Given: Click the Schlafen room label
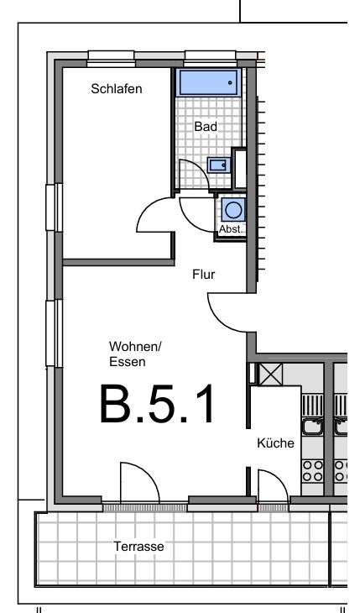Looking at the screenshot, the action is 117,89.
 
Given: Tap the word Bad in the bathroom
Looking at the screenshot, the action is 206,126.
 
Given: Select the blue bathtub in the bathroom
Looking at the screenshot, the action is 208,82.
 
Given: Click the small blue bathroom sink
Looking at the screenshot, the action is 217,165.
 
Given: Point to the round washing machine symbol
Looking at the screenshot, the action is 234,210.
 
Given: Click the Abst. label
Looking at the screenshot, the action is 231,229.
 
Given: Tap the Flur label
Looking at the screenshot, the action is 203,275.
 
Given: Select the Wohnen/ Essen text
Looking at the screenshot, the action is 135,354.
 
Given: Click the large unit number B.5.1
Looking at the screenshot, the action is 157,404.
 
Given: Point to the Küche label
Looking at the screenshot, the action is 275,443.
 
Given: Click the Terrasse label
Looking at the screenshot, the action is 138,546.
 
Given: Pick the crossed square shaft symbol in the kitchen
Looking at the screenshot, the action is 271,375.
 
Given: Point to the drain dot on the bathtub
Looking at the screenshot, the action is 230,83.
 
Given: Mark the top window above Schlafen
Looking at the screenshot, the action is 111,60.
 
